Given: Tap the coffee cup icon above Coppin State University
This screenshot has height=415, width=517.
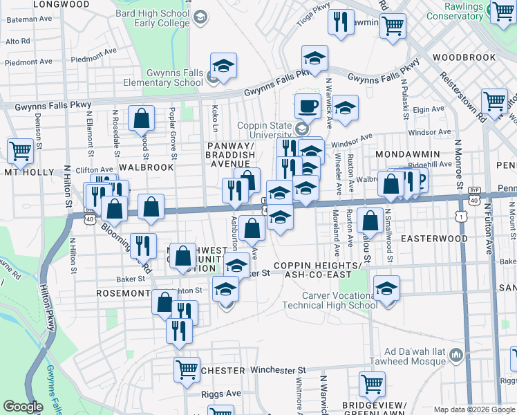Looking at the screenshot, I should point(307,106).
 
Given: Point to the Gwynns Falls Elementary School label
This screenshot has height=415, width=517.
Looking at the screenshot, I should point(163,77).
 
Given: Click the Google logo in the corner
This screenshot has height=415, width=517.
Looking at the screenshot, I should point(23,407).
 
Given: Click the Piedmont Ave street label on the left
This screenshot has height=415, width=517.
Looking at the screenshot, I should point(29,62).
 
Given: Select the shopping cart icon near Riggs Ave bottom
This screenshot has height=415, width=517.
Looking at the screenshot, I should point(372,382).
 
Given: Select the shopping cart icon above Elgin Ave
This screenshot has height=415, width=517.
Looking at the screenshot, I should point(494,101).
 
